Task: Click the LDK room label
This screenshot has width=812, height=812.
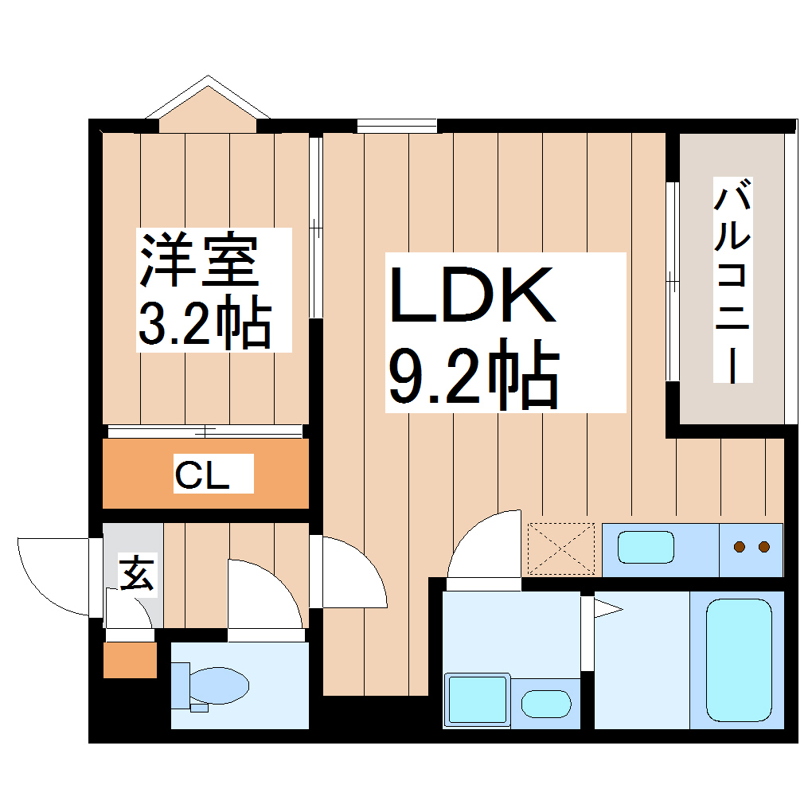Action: point(471,297)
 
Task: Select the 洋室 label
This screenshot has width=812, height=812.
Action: point(199,260)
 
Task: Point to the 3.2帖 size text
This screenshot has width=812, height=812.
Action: point(205,322)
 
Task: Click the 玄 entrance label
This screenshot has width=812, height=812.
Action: point(137,574)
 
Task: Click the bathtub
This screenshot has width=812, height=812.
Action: point(739,658)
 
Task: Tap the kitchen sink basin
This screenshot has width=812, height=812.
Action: point(646,547)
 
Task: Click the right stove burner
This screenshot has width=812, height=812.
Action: point(765,546)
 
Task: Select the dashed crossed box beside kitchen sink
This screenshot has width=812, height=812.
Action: point(561,548)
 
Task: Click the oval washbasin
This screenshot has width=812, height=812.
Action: point(545,704)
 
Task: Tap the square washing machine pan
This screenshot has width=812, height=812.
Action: point(478,700)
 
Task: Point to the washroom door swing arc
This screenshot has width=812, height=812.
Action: point(482,549)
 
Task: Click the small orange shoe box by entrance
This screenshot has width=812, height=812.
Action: point(131,659)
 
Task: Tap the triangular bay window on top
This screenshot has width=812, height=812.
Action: point(209,103)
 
